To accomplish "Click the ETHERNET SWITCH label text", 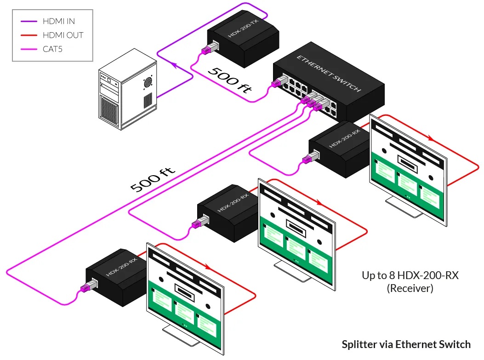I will click(329, 74).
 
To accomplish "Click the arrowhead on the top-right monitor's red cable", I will click(430, 138).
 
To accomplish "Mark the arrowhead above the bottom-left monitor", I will click(208, 267).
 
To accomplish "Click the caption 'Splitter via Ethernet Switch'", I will click(406, 344).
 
